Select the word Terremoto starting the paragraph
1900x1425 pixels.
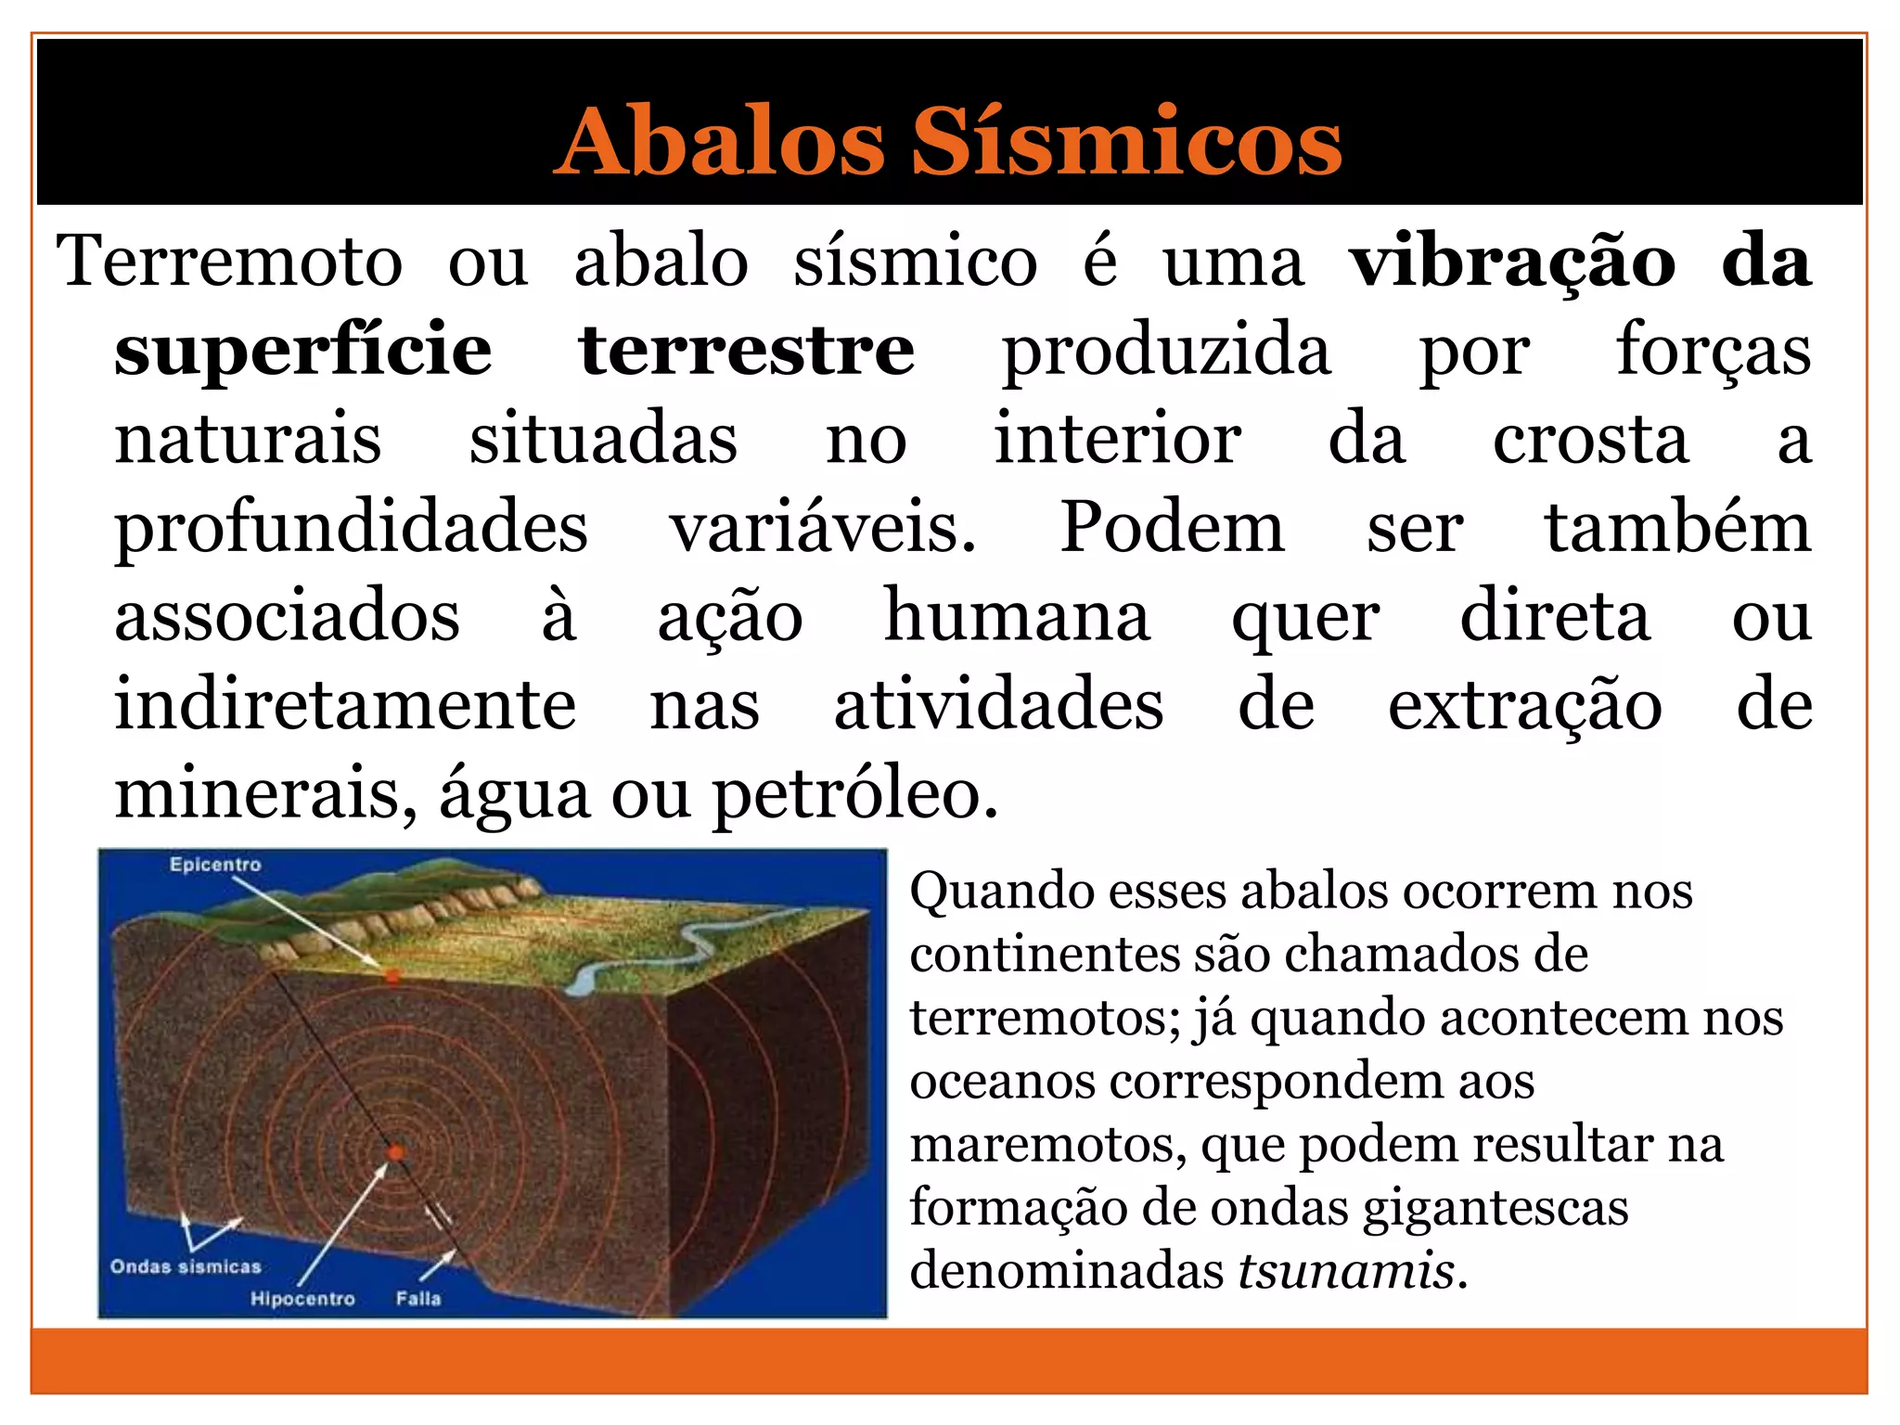(230, 262)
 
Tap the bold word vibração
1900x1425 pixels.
(1512, 263)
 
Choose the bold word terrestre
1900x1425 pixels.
(746, 351)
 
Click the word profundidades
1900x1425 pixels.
(351, 529)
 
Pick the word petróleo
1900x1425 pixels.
(854, 796)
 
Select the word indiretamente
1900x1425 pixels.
(345, 705)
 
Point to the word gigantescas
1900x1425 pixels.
(1496, 1207)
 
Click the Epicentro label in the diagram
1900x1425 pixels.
(215, 865)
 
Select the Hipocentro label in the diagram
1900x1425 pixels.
(302, 1299)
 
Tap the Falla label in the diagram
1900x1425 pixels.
(418, 1299)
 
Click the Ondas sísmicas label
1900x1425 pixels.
(186, 1266)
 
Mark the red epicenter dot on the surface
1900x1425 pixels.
(392, 976)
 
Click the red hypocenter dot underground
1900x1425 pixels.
(396, 1152)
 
